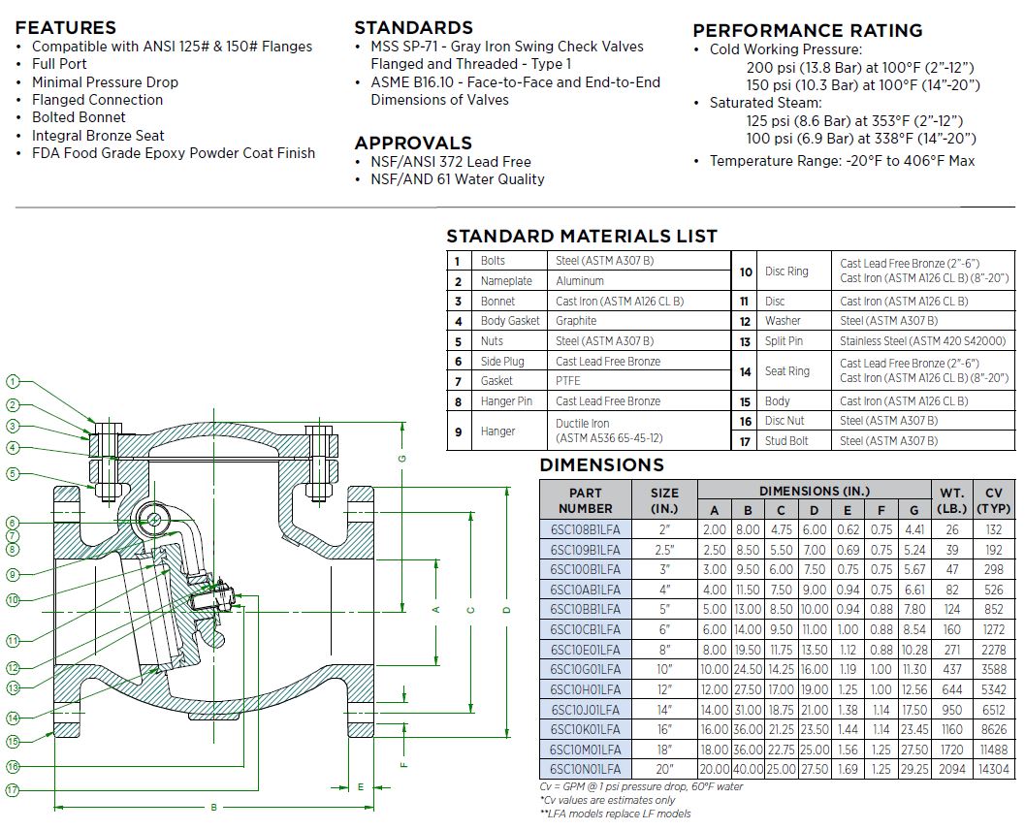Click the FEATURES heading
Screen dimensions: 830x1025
66,28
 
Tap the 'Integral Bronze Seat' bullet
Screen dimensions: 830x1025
98,136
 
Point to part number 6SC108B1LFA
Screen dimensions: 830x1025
585,530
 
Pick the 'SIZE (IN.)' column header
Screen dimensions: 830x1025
664,500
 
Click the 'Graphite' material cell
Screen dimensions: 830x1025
576,321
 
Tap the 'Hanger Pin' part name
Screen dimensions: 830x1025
506,401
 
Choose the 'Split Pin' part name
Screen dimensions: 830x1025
785,341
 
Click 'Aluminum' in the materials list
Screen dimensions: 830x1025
580,281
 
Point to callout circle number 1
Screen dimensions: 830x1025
13,381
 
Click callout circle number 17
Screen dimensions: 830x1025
13,790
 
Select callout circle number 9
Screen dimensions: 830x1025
13,575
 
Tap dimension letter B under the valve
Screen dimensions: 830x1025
213,807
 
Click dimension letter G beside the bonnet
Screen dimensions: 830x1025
402,458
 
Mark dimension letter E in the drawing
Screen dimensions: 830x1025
359,786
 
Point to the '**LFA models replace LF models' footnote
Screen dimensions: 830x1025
615,814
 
